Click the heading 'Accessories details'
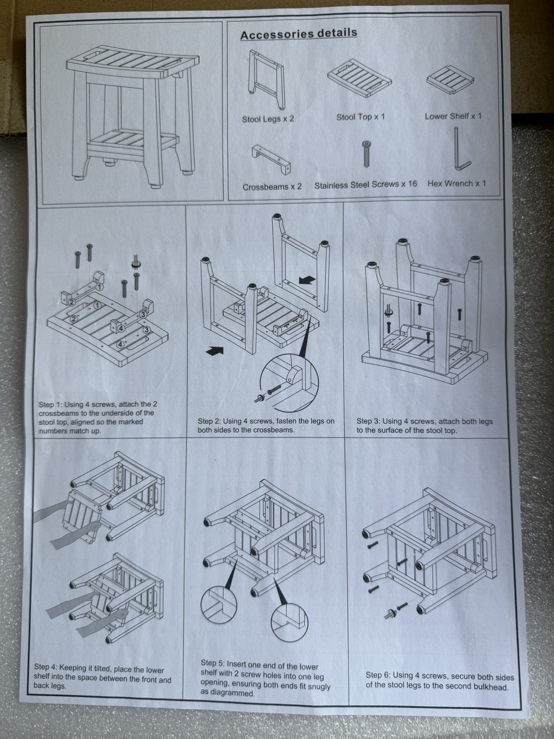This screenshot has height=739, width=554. (299, 34)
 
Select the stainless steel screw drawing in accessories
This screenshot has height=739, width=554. (367, 154)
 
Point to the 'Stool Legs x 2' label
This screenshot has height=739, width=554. (268, 119)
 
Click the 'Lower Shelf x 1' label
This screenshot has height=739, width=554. (453, 116)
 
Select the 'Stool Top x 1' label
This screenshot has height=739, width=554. (360, 117)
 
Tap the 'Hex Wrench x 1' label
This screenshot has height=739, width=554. (457, 184)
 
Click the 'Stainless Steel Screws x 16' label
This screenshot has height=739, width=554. (365, 185)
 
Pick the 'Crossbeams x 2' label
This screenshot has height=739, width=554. (272, 187)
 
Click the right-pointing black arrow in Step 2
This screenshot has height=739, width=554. (215, 350)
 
